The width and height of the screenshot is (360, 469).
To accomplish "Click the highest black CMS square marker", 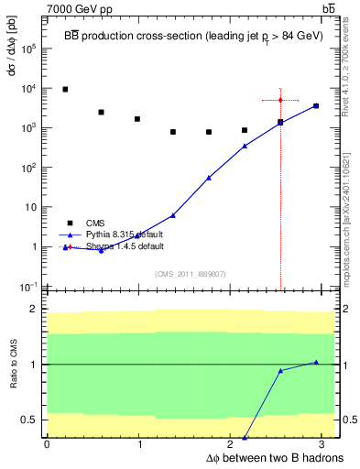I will [x=65, y=89].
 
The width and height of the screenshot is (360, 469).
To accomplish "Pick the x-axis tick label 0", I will [x=47, y=443].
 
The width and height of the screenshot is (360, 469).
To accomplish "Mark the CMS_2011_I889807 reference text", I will [x=190, y=274].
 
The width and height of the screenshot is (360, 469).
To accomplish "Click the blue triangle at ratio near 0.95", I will [x=280, y=370].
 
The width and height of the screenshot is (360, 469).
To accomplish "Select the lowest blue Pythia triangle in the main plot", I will [x=101, y=250].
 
